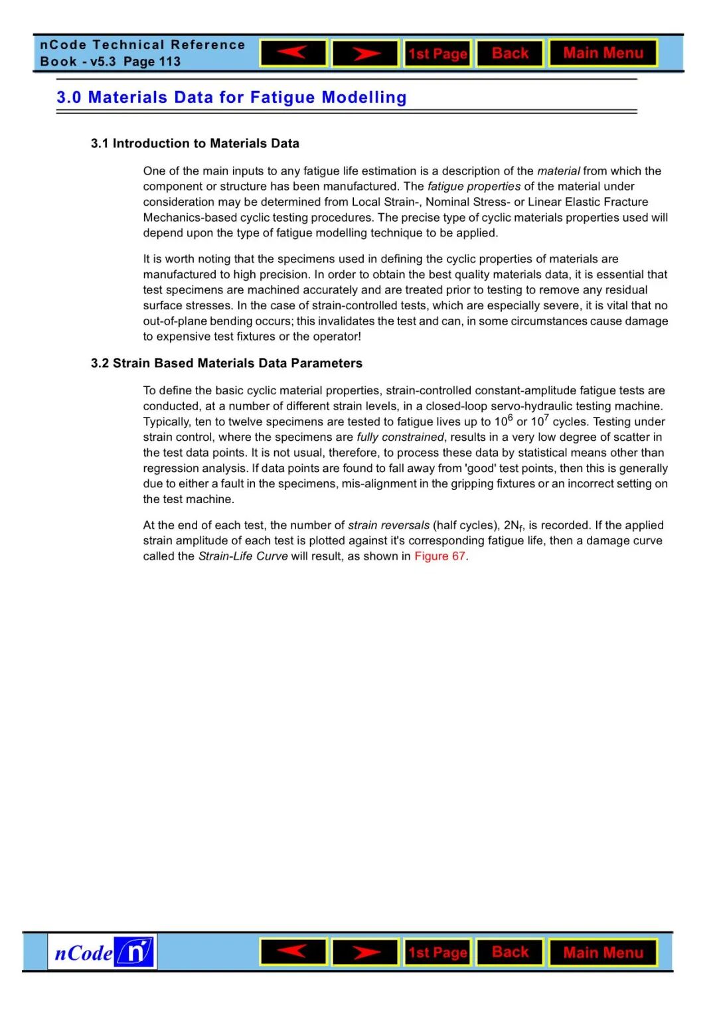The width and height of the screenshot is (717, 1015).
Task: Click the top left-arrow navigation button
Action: pyautogui.click(x=293, y=53)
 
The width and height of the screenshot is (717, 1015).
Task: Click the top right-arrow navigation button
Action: pyautogui.click(x=365, y=53)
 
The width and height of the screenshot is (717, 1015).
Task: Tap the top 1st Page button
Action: pyautogui.click(x=438, y=54)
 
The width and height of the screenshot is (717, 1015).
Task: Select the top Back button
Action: pyautogui.click(x=510, y=53)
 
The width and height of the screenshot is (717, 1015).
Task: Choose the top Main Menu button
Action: pyautogui.click(x=603, y=53)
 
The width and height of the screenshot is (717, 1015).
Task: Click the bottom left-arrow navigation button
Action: pyautogui.click(x=293, y=952)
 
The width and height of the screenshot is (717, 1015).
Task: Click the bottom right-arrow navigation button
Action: pyautogui.click(x=365, y=952)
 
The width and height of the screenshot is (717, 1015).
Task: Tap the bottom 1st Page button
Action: pyautogui.click(x=438, y=953)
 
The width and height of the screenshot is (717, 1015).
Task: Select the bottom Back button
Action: pyautogui.click(x=510, y=952)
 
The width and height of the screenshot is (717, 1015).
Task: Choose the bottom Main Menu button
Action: pyautogui.click(x=603, y=953)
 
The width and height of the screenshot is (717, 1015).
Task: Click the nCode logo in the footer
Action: pyautogui.click(x=102, y=952)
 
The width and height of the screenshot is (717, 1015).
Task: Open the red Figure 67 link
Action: pyautogui.click(x=439, y=556)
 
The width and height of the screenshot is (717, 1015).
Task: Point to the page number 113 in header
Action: pyautogui.click(x=170, y=62)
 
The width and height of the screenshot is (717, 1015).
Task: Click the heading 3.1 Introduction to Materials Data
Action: pyautogui.click(x=195, y=143)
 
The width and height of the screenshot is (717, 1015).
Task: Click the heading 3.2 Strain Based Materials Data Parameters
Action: pyautogui.click(x=226, y=363)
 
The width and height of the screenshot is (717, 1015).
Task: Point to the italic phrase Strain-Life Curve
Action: pyautogui.click(x=243, y=556)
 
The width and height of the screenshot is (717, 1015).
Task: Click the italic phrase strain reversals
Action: pyautogui.click(x=388, y=525)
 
